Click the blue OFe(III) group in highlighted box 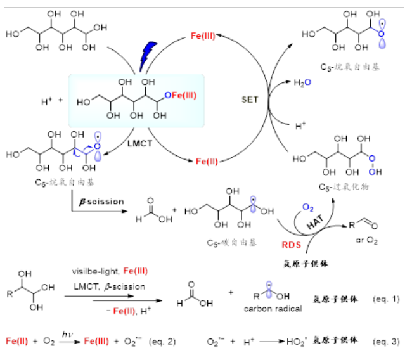tap(179, 95)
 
